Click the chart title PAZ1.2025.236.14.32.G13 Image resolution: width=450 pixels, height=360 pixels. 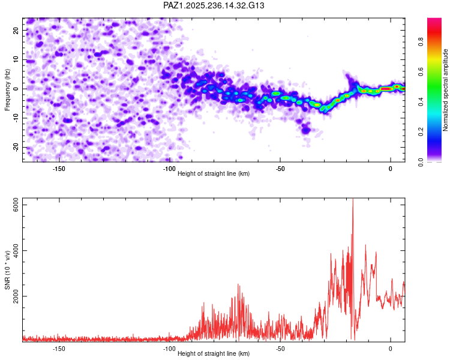214,5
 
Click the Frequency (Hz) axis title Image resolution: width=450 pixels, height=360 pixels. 7,90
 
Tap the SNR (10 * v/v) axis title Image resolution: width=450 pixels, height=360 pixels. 7,270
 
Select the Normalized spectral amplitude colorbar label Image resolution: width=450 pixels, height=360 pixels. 445,90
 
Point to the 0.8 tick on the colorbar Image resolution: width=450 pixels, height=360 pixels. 421,42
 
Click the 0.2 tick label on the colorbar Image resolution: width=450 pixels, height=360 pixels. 421,132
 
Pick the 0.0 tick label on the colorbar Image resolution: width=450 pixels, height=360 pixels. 421,162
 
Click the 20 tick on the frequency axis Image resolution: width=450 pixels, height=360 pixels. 16,30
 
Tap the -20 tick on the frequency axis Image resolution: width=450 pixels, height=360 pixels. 16,148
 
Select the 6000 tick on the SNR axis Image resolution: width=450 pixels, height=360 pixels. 16,205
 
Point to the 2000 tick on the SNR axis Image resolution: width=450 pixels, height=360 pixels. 16,296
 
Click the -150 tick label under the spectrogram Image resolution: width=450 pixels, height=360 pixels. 59,169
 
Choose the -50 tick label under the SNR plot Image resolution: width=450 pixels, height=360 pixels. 280,349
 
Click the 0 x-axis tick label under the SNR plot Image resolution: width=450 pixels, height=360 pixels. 391,349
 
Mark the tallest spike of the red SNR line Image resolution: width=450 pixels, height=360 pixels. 353,199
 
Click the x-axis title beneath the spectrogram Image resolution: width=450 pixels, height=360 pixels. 214,173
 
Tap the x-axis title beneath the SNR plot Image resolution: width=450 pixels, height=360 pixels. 214,353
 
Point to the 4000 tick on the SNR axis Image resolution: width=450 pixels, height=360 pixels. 16,251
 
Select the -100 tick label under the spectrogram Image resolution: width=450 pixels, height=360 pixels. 169,169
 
